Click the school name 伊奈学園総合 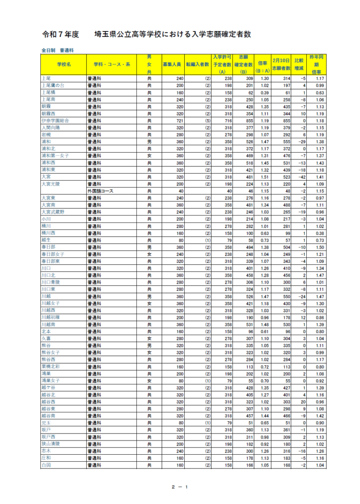tap(55, 121)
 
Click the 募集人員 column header tap(172, 64)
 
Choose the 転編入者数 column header tap(197, 64)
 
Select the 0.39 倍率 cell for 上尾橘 tap(264, 93)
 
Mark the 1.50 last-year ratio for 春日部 tap(320, 247)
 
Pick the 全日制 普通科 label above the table tap(57, 50)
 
